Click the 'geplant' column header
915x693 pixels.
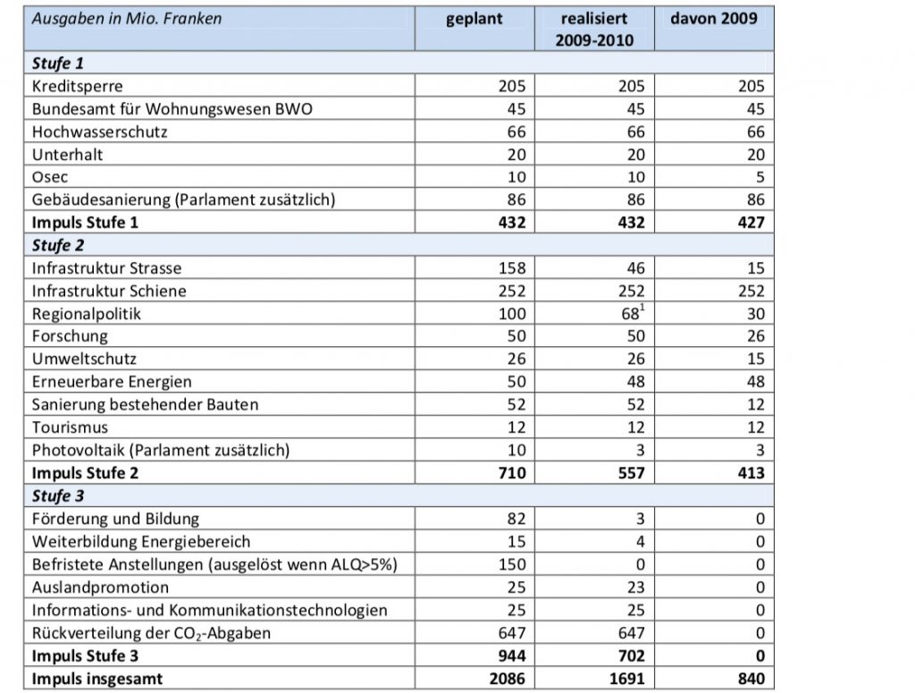pyautogui.click(x=474, y=20)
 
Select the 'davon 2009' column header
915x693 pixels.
pyautogui.click(x=714, y=18)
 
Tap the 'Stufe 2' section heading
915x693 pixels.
pyautogui.click(x=58, y=245)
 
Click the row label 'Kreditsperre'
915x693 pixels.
pyautogui.click(x=77, y=87)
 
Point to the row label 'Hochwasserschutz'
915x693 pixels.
pyautogui.click(x=99, y=132)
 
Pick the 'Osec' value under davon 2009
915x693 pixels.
pyautogui.click(x=760, y=177)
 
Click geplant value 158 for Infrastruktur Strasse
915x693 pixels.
pyautogui.click(x=512, y=268)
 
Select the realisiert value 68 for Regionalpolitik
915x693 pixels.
pyautogui.click(x=630, y=314)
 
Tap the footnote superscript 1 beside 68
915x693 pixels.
pyautogui.click(x=642, y=307)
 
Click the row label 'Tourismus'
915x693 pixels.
pyautogui.click(x=70, y=427)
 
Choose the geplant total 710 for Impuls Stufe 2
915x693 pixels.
pyautogui.click(x=512, y=473)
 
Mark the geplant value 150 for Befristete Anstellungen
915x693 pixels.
pyautogui.click(x=512, y=564)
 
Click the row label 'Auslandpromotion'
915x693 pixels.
pyautogui.click(x=100, y=587)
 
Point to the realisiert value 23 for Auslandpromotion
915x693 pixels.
pyautogui.click(x=635, y=587)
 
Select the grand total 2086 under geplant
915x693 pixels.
pyautogui.click(x=508, y=679)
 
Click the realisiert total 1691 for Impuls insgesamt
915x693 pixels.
pyautogui.click(x=626, y=679)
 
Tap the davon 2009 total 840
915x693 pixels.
pyautogui.click(x=751, y=679)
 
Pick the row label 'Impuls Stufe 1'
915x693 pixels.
pyautogui.click(x=85, y=223)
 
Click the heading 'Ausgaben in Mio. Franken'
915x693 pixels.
pyautogui.click(x=127, y=19)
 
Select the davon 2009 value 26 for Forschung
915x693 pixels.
pyautogui.click(x=756, y=336)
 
